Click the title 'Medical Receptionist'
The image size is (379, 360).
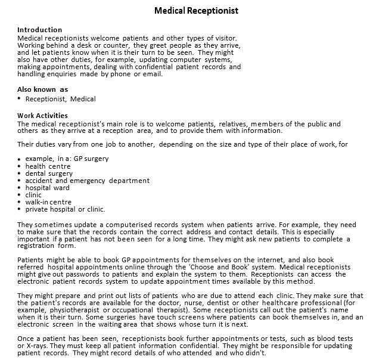click(196, 11)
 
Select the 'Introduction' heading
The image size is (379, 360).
click(39, 30)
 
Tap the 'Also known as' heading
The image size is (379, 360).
click(42, 89)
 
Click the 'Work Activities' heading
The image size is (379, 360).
click(42, 116)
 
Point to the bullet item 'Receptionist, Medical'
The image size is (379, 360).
click(60, 99)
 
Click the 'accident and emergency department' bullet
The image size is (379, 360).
click(87, 181)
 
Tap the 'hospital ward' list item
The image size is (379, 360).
click(47, 188)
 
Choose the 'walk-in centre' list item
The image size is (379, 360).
click(48, 202)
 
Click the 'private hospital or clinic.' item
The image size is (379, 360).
click(65, 209)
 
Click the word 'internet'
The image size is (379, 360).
click(272, 260)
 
